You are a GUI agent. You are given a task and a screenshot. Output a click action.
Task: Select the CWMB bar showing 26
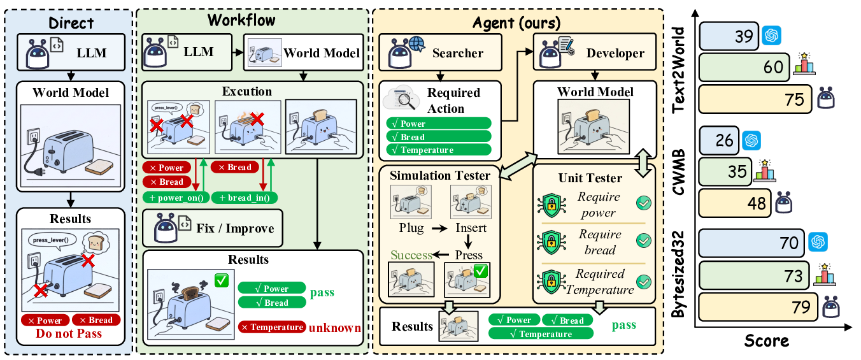tap(719, 140)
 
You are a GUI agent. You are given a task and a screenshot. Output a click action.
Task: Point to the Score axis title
tap(767, 341)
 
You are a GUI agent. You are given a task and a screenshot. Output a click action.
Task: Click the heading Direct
tap(71, 24)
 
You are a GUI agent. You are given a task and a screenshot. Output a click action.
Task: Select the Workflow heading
tap(241, 20)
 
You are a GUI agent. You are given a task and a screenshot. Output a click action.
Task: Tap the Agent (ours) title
tap(516, 24)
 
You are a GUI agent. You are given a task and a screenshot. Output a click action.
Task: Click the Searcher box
tap(441, 52)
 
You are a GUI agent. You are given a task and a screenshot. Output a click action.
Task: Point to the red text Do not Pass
tap(69, 334)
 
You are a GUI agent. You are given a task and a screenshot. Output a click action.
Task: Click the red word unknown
tap(335, 328)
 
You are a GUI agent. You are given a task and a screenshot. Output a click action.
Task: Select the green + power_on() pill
tap(174, 198)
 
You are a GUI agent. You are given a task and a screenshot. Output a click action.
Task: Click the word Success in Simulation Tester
tap(411, 255)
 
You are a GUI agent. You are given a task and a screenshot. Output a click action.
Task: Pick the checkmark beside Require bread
tap(644, 241)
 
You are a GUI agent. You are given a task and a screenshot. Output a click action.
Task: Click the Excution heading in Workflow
tap(246, 92)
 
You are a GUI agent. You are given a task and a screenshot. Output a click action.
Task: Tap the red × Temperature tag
tap(271, 328)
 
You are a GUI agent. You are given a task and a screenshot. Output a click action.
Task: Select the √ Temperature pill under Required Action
tap(439, 150)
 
